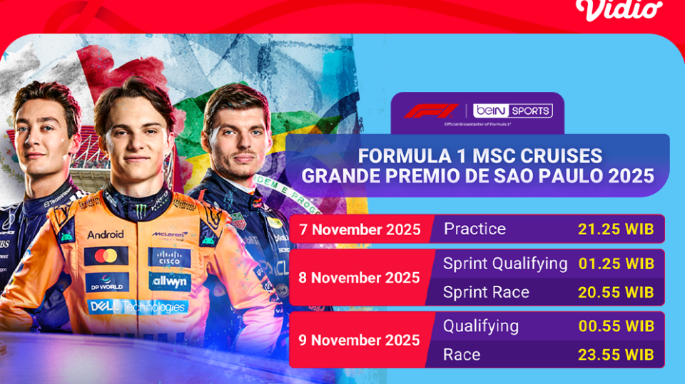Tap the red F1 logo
coord(431,111)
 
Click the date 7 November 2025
coord(361,230)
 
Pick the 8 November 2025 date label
coord(359,278)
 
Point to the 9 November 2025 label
coord(359,340)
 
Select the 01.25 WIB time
coord(616,264)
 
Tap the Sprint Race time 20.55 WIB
coord(616,292)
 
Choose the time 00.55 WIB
coord(616,326)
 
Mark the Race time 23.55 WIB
coord(616,355)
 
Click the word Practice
coord(475,229)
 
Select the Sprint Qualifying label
coord(505,264)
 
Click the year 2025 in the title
coord(629,175)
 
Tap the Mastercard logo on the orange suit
coord(106,256)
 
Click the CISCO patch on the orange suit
coord(169,257)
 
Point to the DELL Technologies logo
coord(138,307)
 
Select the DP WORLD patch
coord(107,283)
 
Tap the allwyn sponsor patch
coord(170,283)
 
